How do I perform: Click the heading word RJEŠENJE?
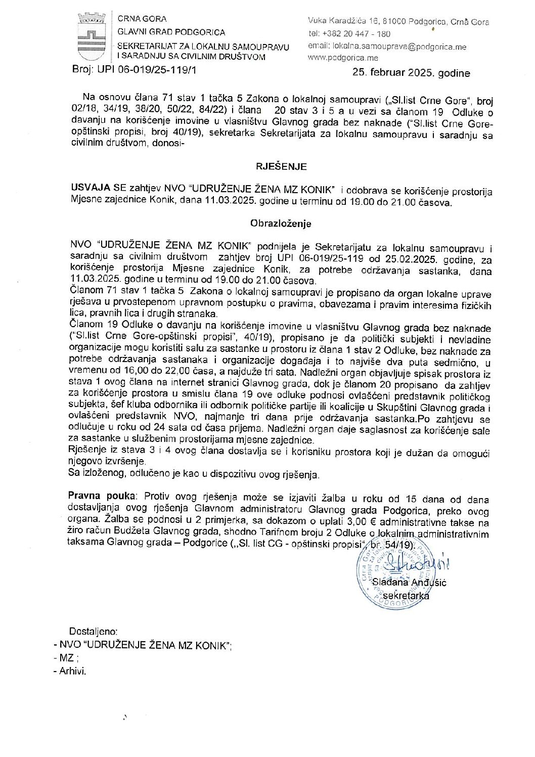281,166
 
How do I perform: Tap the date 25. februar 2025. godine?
411,73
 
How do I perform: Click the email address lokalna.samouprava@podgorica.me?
399,47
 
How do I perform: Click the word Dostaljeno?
93,631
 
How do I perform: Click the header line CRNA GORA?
142,19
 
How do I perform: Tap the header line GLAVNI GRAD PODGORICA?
171,32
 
